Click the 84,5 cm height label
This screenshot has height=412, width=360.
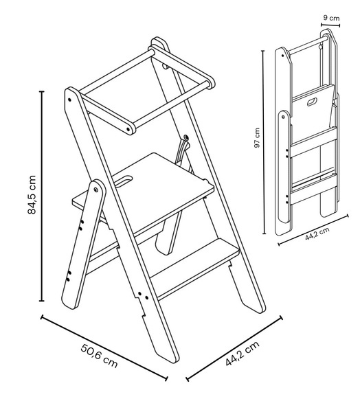pos(32,194)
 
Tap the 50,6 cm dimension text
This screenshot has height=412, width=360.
pos(99,356)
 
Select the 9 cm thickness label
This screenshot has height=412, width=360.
pos(331,18)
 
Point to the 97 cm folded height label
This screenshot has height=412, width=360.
pos(257,138)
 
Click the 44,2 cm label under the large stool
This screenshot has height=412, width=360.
pos(243,353)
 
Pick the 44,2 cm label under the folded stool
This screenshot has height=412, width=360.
pos(317,233)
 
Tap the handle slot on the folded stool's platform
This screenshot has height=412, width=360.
pos(313,102)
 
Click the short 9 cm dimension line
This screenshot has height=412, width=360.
pos(330,25)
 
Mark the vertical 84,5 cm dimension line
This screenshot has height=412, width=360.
pos(41,196)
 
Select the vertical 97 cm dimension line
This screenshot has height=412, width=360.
pos(264,142)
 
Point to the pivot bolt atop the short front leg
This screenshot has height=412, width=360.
pos(95,190)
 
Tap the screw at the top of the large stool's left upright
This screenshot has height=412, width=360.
pos(69,100)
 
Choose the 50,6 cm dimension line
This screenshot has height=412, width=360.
pos(104,347)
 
